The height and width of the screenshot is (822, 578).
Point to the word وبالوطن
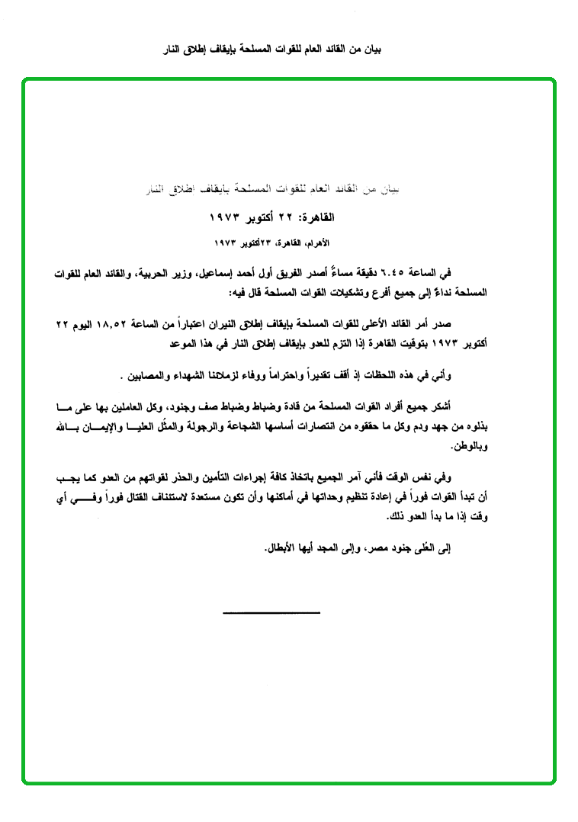click(x=467, y=445)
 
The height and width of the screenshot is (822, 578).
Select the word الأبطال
click(x=282, y=549)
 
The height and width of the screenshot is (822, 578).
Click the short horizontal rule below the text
click(x=271, y=612)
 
